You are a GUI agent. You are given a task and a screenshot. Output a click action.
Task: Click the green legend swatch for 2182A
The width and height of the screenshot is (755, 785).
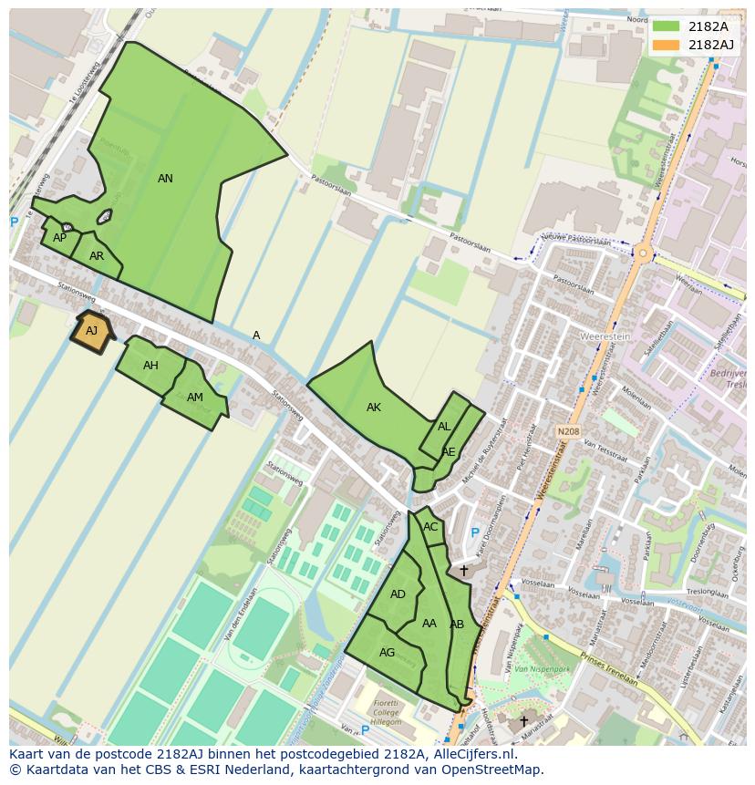pyautogui.click(x=667, y=26)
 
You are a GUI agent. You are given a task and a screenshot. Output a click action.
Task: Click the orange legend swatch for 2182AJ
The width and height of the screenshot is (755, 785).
pyautogui.click(x=667, y=45)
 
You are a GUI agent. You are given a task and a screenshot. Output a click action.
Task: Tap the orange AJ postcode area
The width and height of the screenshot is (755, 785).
pyautogui.click(x=91, y=331)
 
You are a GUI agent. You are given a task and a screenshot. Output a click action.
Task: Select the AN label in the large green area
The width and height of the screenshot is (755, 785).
pyautogui.click(x=165, y=179)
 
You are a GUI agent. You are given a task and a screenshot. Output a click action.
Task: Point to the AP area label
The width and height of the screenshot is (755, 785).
pyautogui.click(x=59, y=238)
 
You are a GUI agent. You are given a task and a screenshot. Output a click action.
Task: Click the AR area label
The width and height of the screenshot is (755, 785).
pyautogui.click(x=97, y=256)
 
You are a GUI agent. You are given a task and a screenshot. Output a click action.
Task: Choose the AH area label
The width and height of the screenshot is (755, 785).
pyautogui.click(x=150, y=366)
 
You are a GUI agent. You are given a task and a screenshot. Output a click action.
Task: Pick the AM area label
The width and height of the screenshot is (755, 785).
pyautogui.click(x=195, y=398)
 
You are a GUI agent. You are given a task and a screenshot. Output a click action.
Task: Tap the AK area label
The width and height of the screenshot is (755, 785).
pyautogui.click(x=374, y=408)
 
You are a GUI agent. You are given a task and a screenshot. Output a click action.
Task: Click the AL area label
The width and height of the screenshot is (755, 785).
pyautogui.click(x=444, y=427)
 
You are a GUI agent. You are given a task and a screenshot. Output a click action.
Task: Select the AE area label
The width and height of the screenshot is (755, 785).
pyautogui.click(x=449, y=452)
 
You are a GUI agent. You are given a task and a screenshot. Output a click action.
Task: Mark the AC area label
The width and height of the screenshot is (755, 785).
pyautogui.click(x=430, y=527)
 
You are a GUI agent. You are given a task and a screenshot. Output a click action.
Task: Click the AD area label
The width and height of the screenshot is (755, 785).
pyautogui.click(x=398, y=594)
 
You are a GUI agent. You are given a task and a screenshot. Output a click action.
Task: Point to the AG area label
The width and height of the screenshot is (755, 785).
pyautogui.click(x=388, y=653)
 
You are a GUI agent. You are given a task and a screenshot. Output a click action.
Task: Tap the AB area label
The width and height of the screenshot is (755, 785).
pyautogui.click(x=457, y=625)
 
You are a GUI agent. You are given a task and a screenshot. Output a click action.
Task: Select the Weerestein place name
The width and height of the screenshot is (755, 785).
pyautogui.click(x=605, y=336)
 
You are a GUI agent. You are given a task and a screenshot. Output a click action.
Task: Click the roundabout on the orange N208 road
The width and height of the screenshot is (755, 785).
pyautogui.click(x=644, y=253)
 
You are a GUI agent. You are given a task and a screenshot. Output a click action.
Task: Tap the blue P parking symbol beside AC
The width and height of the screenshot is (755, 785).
pyautogui.click(x=474, y=533)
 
